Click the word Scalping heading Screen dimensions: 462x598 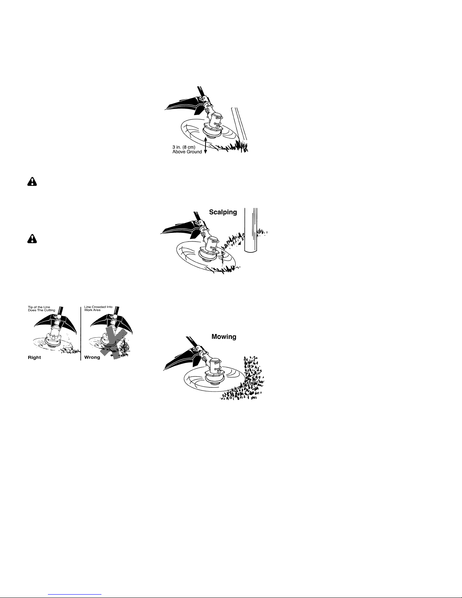(223, 212)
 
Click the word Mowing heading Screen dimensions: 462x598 (224, 337)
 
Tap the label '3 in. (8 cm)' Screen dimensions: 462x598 (184, 147)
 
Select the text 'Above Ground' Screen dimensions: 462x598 (187, 152)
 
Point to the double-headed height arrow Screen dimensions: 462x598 (205, 145)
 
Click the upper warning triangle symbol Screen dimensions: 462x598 (32, 181)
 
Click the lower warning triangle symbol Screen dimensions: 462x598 (32, 238)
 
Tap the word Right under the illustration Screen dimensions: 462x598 (34, 357)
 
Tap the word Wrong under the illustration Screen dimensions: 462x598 (92, 357)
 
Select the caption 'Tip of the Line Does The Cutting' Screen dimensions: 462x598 (41, 309)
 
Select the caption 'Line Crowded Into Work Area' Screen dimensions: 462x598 (98, 309)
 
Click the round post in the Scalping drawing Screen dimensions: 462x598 (251, 230)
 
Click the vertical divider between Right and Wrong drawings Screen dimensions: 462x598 (81, 334)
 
